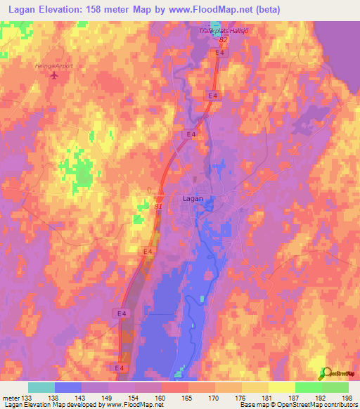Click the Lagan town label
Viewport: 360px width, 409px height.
click(193, 199)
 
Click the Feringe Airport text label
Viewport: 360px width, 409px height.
click(53, 66)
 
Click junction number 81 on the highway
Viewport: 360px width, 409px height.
click(158, 206)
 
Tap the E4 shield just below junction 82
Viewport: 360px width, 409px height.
click(220, 53)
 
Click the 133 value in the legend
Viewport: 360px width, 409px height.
click(28, 397)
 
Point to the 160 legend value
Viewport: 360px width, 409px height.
click(161, 397)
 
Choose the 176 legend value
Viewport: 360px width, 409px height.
click(241, 397)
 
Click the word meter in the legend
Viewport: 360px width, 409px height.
click(11, 397)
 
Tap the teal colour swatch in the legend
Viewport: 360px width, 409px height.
click(41, 387)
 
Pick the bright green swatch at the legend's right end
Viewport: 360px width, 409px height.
click(335, 387)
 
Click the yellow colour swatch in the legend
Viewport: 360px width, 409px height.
click(281, 387)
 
